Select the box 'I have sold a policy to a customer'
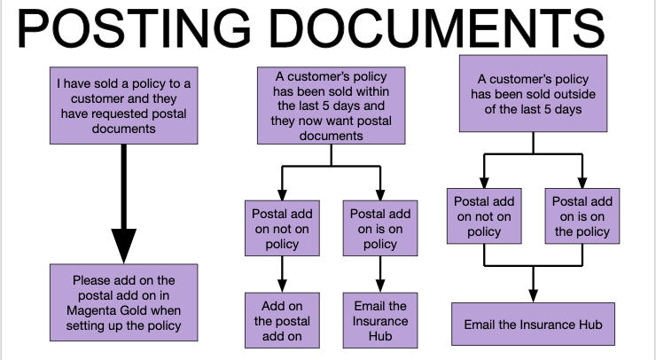(x=123, y=106)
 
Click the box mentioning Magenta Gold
(x=123, y=301)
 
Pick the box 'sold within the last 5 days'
(x=332, y=106)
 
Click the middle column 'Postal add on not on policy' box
(x=282, y=229)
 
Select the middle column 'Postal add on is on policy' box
(x=379, y=229)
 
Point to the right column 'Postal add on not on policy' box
(x=485, y=216)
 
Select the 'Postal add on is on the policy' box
(x=582, y=216)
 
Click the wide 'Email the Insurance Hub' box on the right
(x=533, y=325)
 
